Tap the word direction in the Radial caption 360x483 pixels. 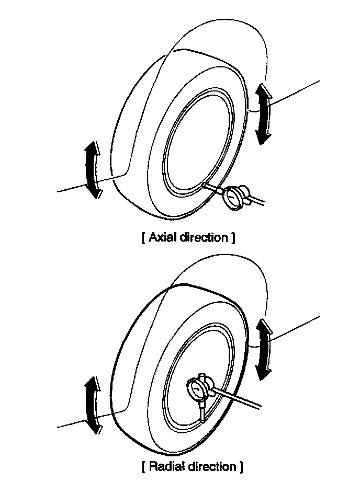pyautogui.click(x=212, y=465)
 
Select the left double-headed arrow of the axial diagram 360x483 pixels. pyautogui.click(x=92, y=170)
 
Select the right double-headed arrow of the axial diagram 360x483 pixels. pyautogui.click(x=263, y=114)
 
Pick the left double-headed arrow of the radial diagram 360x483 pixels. pyautogui.click(x=93, y=404)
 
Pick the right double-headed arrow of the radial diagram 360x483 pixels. pyautogui.click(x=263, y=349)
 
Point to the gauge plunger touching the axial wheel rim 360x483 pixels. pyautogui.click(x=211, y=187)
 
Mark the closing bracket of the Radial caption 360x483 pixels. pyautogui.click(x=241, y=465)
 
